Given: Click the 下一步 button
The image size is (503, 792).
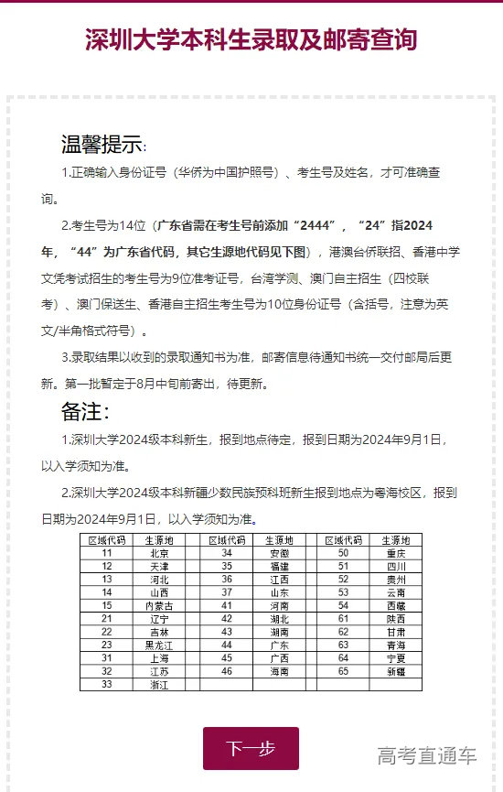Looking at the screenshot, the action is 251,748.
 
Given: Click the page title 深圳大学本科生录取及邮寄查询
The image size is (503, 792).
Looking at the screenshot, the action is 251,40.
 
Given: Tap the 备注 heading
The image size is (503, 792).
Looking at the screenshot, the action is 85,411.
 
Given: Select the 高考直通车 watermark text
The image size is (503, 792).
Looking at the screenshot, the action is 427,755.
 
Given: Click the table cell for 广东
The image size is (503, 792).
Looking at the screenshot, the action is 280,645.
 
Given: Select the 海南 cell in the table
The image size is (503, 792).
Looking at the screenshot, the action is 280,671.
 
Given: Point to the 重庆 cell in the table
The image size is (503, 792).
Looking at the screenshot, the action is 396,553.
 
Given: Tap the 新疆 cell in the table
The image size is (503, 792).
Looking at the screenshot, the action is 396,671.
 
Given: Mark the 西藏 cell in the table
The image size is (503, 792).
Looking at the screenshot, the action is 396,605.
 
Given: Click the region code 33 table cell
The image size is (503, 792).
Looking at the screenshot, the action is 107,684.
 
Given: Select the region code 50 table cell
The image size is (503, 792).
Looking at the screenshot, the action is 344,553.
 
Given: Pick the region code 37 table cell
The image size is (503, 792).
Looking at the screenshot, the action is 227,592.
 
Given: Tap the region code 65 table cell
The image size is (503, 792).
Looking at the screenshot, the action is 344,671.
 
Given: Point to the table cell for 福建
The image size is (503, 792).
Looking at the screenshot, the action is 280,566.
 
